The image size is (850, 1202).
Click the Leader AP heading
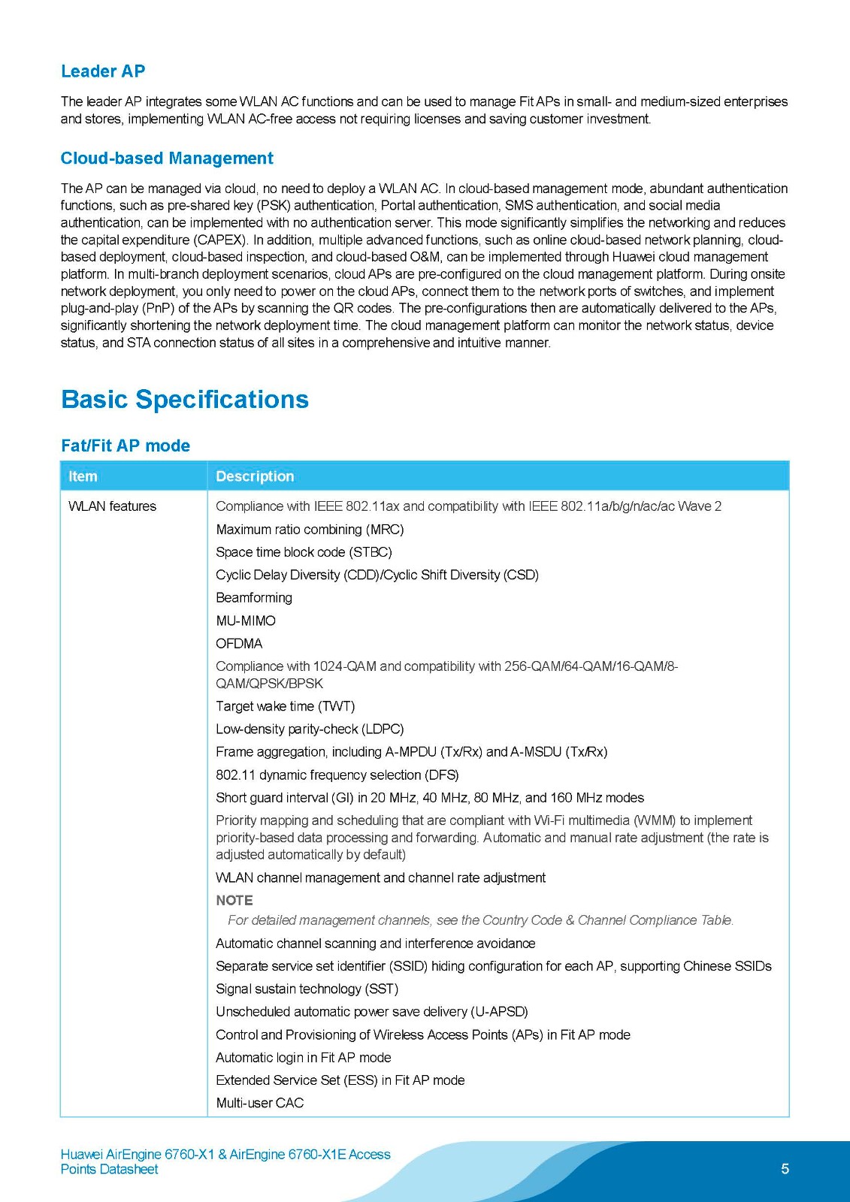point(103,71)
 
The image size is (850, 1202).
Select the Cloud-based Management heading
point(167,159)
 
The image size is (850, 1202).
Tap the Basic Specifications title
point(185,399)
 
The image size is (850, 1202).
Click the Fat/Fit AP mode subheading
point(126,445)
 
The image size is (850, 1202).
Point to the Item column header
point(83,476)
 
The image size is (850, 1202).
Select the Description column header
point(255,476)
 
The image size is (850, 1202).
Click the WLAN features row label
point(112,506)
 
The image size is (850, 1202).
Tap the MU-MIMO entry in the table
point(246,621)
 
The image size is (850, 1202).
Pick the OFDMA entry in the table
point(239,643)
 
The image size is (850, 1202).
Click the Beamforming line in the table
point(254,598)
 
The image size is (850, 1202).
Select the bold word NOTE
point(234,900)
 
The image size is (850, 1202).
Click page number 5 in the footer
point(785,1168)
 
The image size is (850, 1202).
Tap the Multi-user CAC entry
point(260,1103)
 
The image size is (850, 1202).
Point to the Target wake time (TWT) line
point(286,706)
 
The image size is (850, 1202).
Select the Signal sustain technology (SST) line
point(307,989)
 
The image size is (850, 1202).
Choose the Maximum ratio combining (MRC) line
point(310,530)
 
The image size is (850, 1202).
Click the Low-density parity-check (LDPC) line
point(310,729)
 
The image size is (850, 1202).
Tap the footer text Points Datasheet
point(110,1169)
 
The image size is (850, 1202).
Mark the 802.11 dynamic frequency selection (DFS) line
point(337,775)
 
